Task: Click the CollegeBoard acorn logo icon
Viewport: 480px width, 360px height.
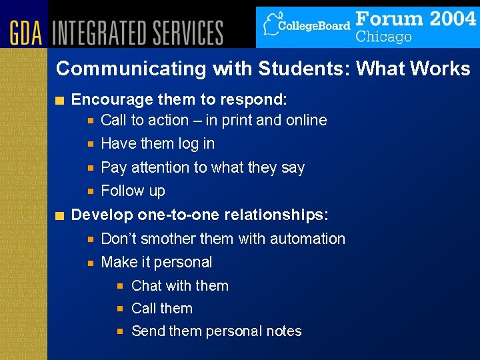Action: pos(271,25)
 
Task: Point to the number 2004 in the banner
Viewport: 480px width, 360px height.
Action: pos(443,18)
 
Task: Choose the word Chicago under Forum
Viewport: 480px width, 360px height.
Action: pos(383,36)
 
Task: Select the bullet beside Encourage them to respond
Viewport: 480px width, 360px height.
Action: pos(61,101)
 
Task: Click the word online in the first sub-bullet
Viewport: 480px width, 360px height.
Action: pos(306,121)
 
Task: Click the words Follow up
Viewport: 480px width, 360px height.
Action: pos(133,191)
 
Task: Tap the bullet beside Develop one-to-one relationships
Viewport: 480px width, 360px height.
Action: pos(61,215)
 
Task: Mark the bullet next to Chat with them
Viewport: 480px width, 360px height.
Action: pos(121,287)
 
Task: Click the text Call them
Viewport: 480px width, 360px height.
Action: pos(162,309)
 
